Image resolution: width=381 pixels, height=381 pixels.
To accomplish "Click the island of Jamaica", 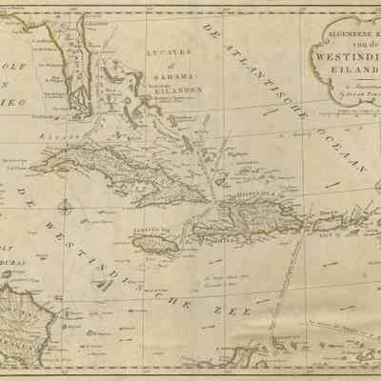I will pos(152,244).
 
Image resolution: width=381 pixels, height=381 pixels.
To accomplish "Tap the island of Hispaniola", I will pos(243,224).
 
